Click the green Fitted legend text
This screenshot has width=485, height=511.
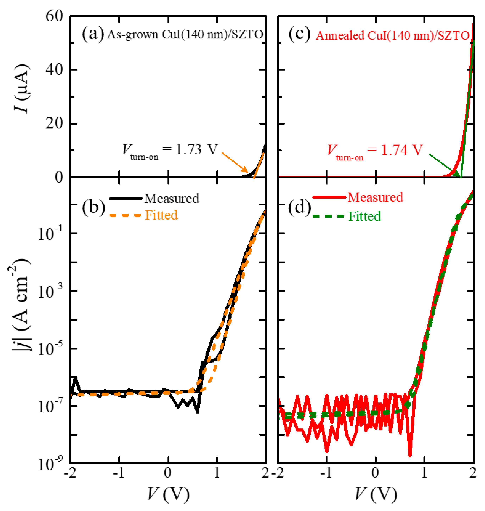(x=364, y=216)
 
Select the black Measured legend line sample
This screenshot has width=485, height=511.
(x=126, y=198)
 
